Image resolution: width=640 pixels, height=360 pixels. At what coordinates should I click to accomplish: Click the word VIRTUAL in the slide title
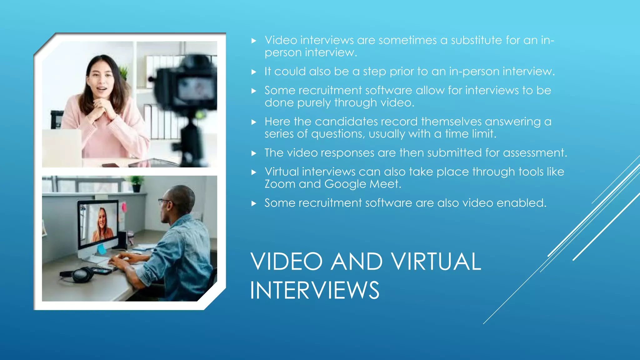click(436, 262)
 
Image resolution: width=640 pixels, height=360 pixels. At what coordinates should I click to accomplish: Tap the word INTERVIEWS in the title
click(314, 290)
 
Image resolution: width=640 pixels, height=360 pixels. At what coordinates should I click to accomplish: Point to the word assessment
click(535, 153)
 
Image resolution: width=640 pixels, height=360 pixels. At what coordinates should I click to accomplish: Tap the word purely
click(314, 103)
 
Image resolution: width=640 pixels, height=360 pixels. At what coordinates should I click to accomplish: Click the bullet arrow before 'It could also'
click(254, 72)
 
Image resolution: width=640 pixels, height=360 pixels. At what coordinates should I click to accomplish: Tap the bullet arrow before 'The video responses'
click(254, 153)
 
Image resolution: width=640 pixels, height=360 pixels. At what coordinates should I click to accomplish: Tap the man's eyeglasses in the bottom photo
click(164, 201)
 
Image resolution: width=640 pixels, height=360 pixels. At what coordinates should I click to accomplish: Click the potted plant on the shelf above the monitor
click(137, 183)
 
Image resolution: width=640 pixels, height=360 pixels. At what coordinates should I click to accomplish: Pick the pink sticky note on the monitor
click(124, 207)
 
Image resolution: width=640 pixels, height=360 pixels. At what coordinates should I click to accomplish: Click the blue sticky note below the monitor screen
click(101, 249)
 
